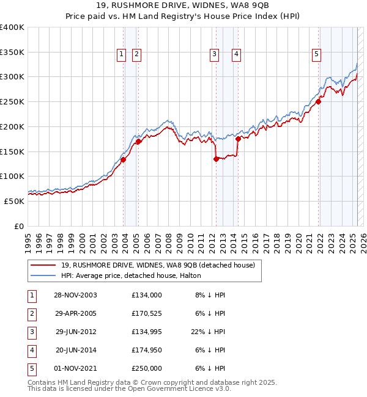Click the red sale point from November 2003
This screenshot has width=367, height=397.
[124, 160]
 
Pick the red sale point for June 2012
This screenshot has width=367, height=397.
[216, 159]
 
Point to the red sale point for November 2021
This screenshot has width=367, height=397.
[319, 102]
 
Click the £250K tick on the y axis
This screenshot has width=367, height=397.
[12, 101]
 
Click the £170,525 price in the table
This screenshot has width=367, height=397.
[146, 314]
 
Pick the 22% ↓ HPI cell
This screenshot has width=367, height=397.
[208, 332]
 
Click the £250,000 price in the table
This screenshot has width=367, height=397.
[146, 369]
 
